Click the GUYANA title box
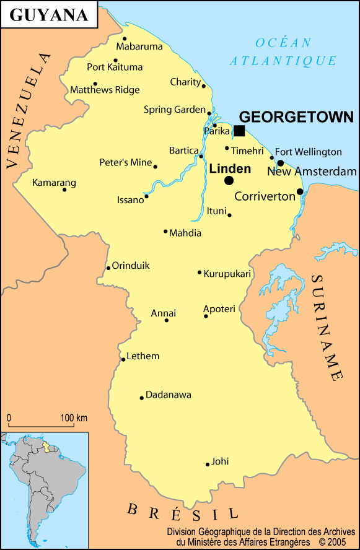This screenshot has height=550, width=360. [x=49, y=15]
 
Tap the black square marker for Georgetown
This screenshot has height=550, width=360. [x=239, y=131]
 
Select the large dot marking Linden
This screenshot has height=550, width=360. [x=229, y=180]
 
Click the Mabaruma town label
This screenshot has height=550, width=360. [x=139, y=46]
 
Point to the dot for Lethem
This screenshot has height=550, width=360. [x=123, y=359]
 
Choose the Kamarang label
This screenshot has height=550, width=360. [x=54, y=183]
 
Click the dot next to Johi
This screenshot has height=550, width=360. [x=208, y=464]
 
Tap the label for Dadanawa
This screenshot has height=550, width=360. [x=169, y=395]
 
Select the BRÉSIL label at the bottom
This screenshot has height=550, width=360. [x=182, y=512]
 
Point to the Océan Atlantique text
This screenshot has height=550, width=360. [x=283, y=51]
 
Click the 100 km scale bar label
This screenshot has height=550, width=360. [x=74, y=417]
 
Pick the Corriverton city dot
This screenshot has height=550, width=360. [x=300, y=191]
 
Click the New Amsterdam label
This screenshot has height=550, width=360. [x=312, y=172]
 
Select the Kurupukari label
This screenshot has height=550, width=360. [x=227, y=274]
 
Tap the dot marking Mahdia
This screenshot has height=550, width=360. [x=165, y=232]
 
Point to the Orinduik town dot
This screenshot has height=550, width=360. [x=108, y=268]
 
